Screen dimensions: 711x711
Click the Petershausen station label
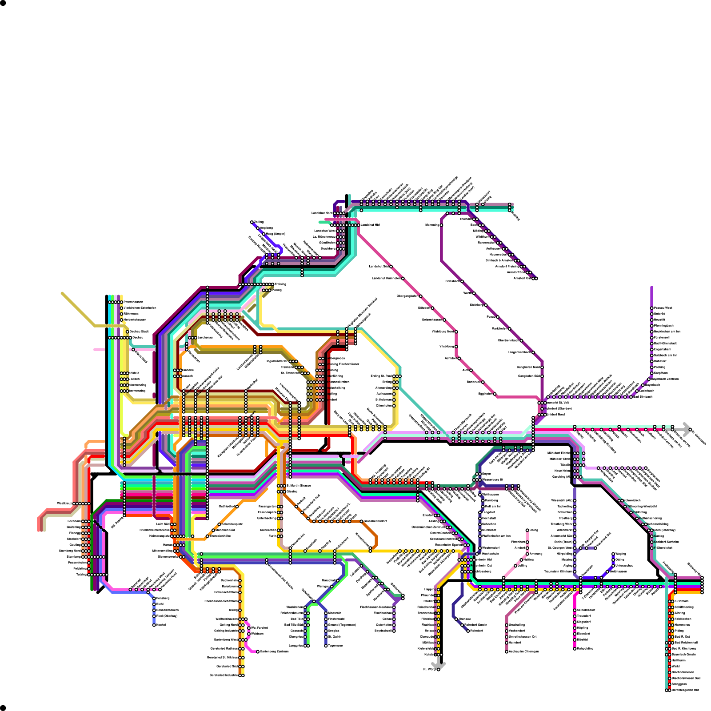point(133,302)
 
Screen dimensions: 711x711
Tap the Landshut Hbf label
point(370,225)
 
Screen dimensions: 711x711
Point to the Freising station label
point(280,284)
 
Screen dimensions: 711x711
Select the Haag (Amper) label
point(275,234)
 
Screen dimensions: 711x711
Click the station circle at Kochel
point(154,625)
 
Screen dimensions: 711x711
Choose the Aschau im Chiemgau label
point(524,651)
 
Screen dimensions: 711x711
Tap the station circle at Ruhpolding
point(575,649)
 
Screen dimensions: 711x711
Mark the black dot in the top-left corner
point(3,3)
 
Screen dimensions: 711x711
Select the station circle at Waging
point(613,554)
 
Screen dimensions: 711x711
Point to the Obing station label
point(534,530)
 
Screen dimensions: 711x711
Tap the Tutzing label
point(81,575)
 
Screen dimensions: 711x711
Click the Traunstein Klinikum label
point(558,571)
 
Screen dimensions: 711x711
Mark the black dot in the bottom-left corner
point(3,707)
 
